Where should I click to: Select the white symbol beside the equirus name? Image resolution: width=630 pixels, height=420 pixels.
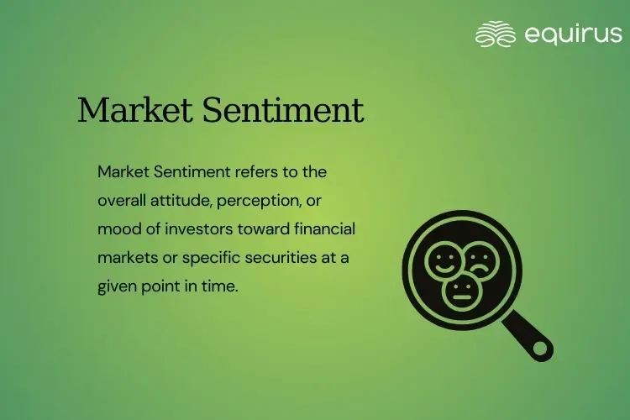tap(495, 34)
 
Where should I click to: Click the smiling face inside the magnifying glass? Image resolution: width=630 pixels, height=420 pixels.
tap(444, 260)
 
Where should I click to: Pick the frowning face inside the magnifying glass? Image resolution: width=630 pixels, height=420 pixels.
tap(481, 260)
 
